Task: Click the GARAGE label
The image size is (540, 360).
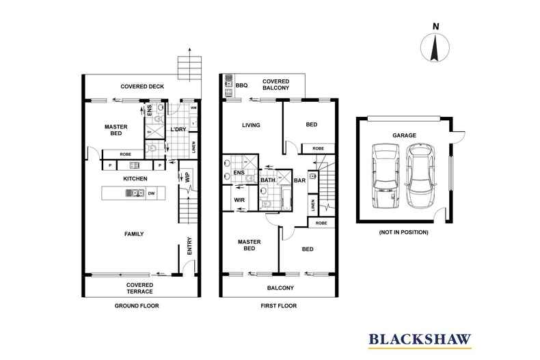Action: [404, 136]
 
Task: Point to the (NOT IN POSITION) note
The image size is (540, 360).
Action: [404, 232]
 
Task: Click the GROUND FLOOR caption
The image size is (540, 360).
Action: [136, 306]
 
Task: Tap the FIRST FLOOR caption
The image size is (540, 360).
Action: [278, 306]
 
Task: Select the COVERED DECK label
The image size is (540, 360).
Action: [142, 87]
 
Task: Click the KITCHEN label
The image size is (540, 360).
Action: [135, 179]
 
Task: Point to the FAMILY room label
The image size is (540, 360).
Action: [134, 234]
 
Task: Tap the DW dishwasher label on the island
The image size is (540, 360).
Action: [150, 193]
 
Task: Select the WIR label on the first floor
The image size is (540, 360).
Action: [240, 200]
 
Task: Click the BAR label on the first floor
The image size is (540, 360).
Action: [299, 181]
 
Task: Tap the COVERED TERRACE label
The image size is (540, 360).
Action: [139, 288]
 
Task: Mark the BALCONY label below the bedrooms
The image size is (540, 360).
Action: [280, 288]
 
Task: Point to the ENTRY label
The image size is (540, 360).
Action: [190, 246]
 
